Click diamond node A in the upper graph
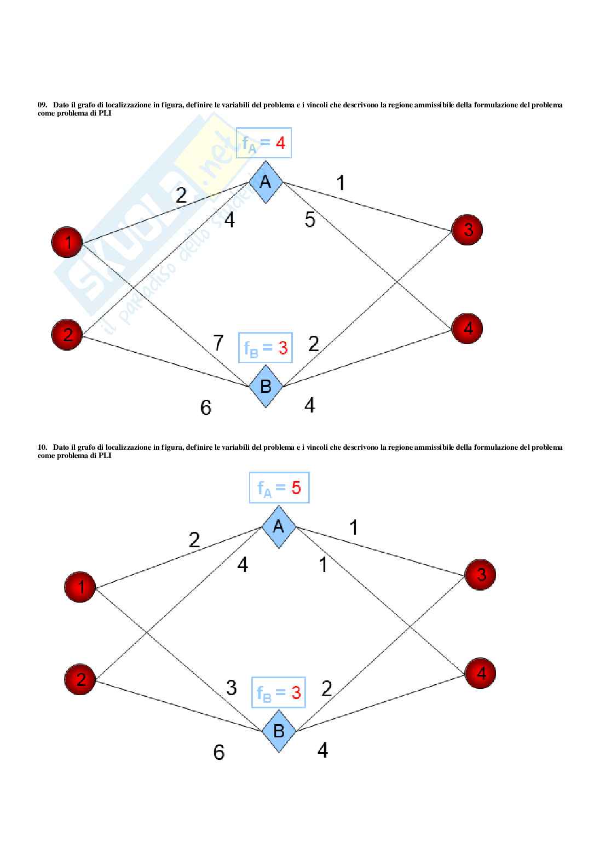[266, 181]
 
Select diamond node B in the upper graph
[266, 386]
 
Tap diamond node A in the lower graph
[279, 526]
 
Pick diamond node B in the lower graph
[279, 731]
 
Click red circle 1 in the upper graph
[67, 242]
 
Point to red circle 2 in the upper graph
[67, 334]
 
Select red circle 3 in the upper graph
[467, 230]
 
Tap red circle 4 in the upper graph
[467, 329]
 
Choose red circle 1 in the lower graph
[80, 587]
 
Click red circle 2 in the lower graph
[80, 679]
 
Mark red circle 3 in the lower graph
[480, 575]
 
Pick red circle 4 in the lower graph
[480, 673]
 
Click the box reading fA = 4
[264, 144]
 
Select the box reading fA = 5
[279, 488]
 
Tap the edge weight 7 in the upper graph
[218, 343]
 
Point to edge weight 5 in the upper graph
[310, 220]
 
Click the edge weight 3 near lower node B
[231, 688]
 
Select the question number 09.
[42, 105]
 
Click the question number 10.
[42, 448]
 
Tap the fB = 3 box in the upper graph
[266, 347]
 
